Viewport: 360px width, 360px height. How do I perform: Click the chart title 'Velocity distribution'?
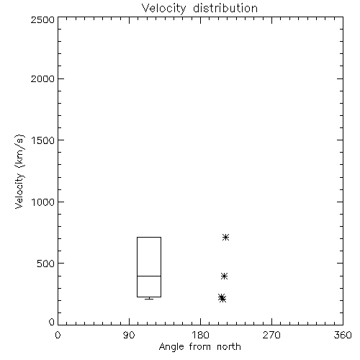[199, 8]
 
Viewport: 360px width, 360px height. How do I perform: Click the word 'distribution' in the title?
[225, 8]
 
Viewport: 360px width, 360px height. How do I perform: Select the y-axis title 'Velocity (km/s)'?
[19, 171]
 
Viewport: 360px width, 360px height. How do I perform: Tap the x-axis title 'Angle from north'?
[199, 347]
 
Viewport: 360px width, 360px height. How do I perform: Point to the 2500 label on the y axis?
[42, 19]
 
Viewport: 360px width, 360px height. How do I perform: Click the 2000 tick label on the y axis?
[42, 78]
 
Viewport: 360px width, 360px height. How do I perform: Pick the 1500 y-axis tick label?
[43, 140]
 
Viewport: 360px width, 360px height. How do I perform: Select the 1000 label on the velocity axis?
[43, 202]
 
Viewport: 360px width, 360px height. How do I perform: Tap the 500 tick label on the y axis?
[46, 264]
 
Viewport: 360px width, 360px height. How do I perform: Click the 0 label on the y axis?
[52, 322]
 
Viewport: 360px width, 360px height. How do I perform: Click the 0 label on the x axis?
[58, 335]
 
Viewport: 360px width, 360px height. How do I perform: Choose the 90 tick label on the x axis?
[129, 335]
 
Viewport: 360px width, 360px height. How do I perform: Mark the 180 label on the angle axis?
[200, 335]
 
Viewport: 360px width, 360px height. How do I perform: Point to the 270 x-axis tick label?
[271, 335]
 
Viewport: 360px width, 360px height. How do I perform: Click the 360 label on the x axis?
[343, 335]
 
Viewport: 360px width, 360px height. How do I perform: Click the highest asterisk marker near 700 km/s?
[225, 238]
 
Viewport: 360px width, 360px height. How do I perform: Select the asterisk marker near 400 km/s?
[224, 276]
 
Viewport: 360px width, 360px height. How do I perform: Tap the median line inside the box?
[149, 276]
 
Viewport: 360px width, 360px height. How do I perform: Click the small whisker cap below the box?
[149, 299]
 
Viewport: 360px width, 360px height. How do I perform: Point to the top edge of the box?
[149, 237]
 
